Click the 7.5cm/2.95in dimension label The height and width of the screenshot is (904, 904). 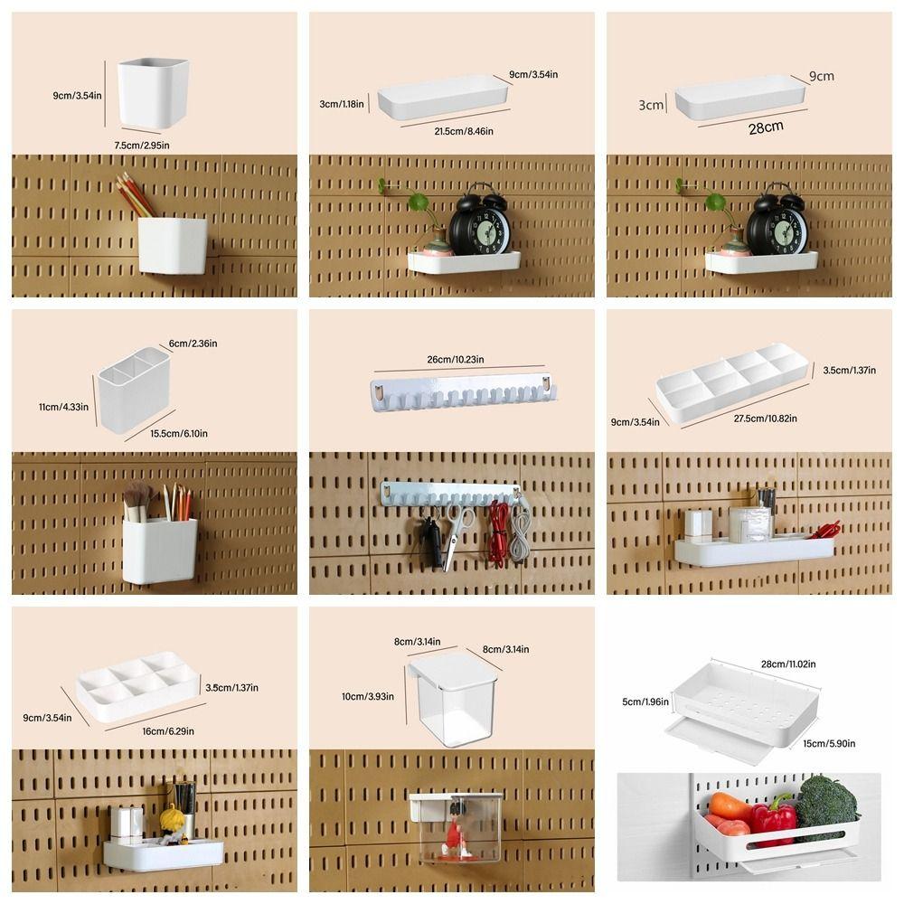click(140, 145)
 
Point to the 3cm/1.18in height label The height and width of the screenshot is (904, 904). click(342, 104)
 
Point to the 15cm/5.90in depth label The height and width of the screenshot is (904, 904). click(827, 743)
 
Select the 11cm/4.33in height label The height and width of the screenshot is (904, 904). click(63, 407)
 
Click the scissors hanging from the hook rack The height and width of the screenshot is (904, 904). click(457, 535)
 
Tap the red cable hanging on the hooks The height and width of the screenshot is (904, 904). click(497, 533)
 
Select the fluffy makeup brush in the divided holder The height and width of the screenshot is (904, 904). click(137, 495)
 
